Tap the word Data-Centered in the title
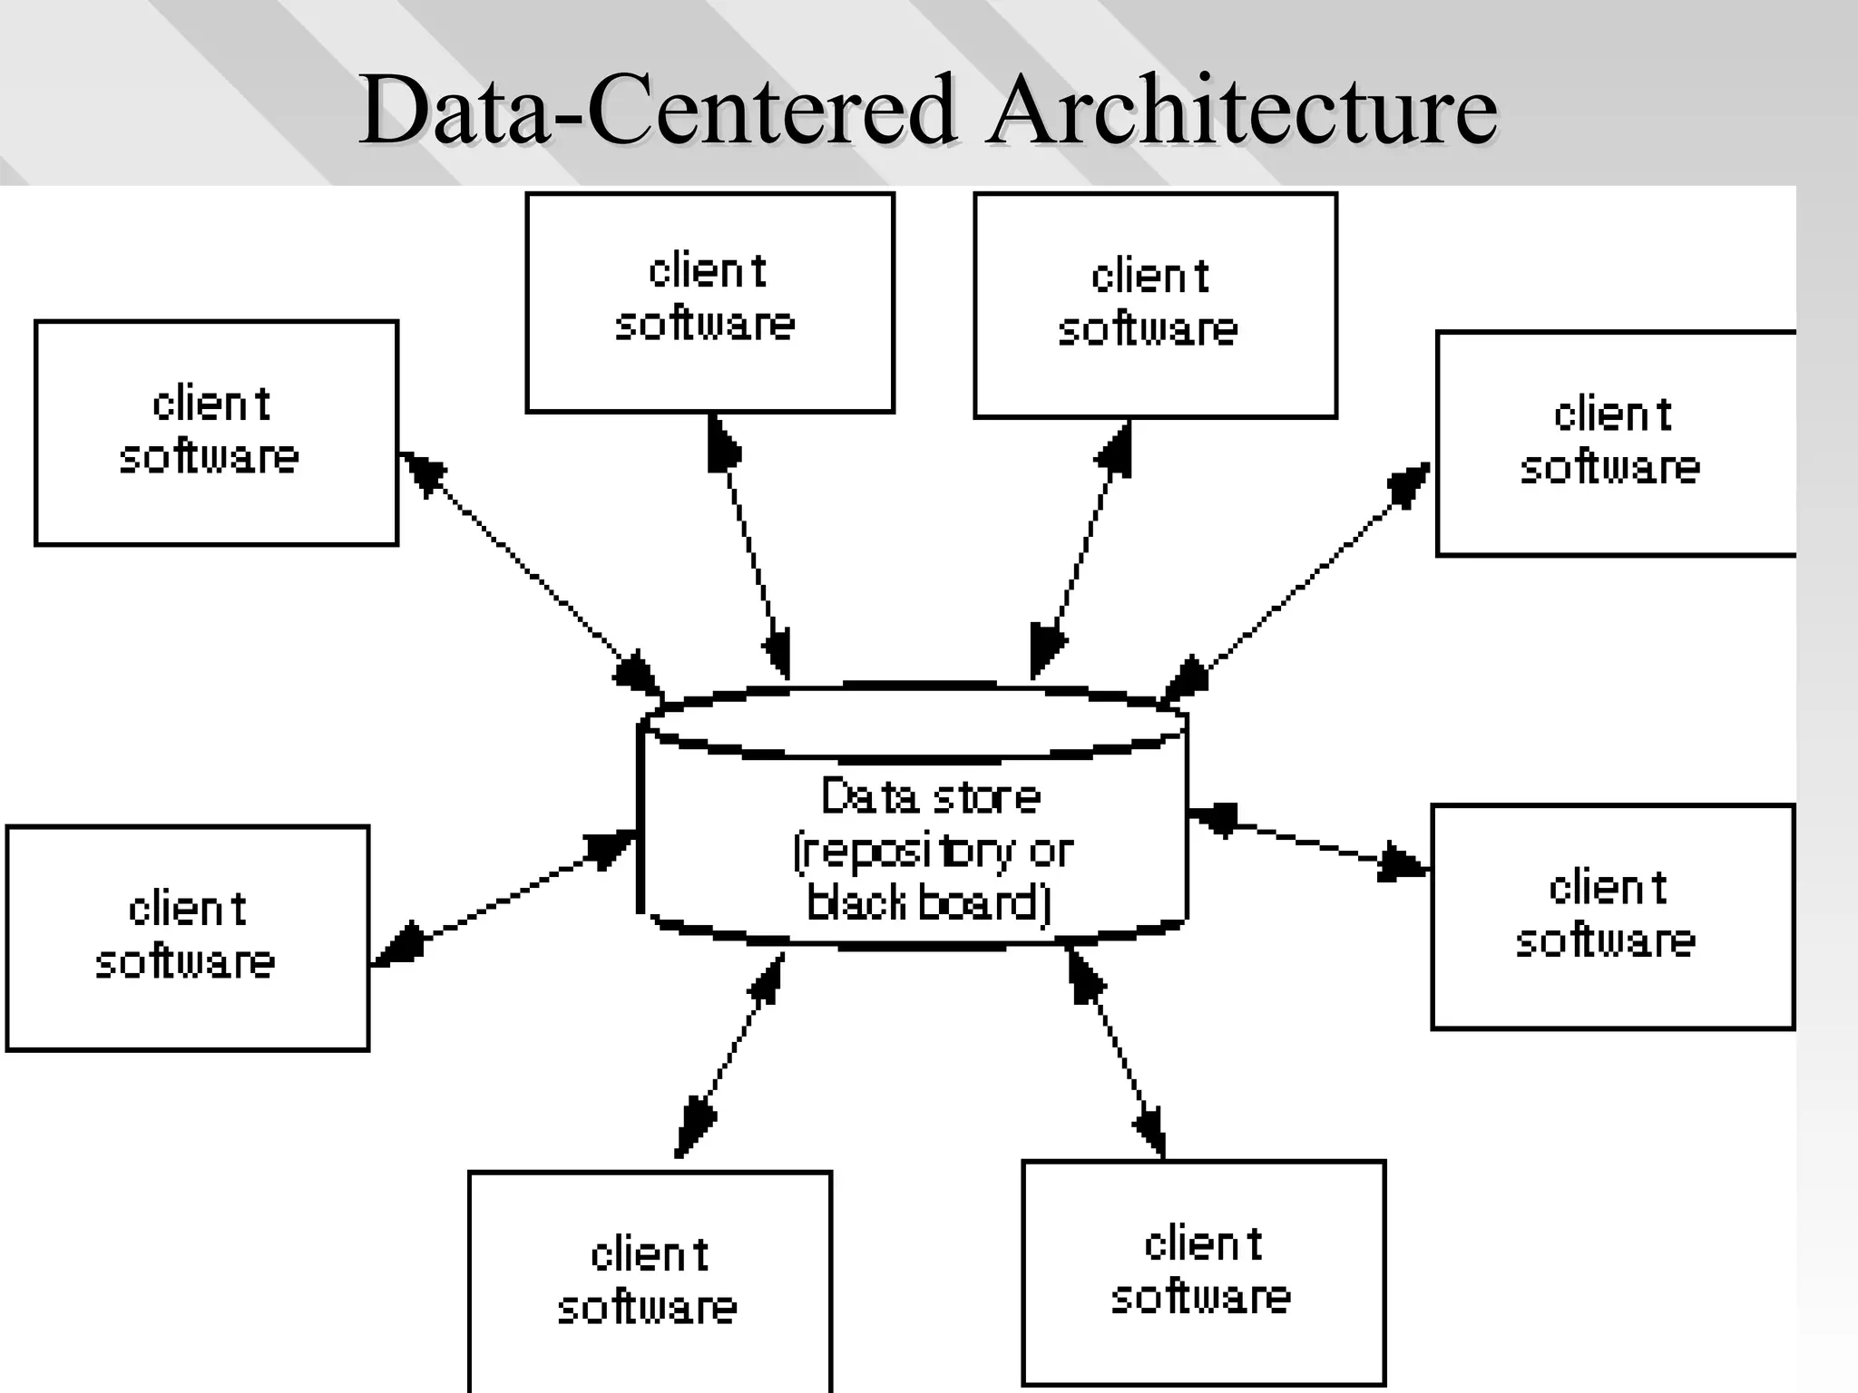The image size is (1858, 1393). (x=657, y=111)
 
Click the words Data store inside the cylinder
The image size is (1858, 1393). (x=931, y=797)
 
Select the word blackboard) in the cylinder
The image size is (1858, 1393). (x=929, y=903)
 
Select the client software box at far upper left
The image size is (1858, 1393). (x=216, y=433)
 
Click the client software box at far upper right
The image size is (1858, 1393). (x=1615, y=443)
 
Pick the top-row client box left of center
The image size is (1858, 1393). (x=709, y=303)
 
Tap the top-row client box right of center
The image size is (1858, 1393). (x=1155, y=306)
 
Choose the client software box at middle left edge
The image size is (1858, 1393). (x=188, y=938)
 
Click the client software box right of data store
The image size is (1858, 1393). (x=1612, y=917)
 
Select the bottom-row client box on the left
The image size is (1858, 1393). (x=650, y=1281)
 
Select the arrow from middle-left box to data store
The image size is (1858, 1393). (x=504, y=899)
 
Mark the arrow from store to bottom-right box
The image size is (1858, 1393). (x=1116, y=1052)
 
